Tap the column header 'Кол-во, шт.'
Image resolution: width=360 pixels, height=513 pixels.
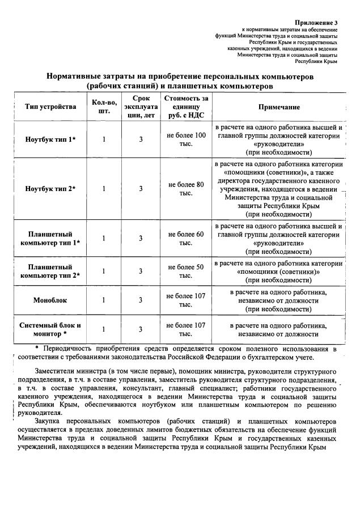pyautogui.click(x=104, y=107)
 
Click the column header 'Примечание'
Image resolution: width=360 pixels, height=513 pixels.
pyautogui.click(x=279, y=107)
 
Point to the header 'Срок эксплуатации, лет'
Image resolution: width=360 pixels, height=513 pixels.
pyautogui.click(x=141, y=107)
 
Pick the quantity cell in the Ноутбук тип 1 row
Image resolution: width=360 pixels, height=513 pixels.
pyautogui.click(x=104, y=139)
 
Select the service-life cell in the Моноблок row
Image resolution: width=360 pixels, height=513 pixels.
pyautogui.click(x=141, y=300)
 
